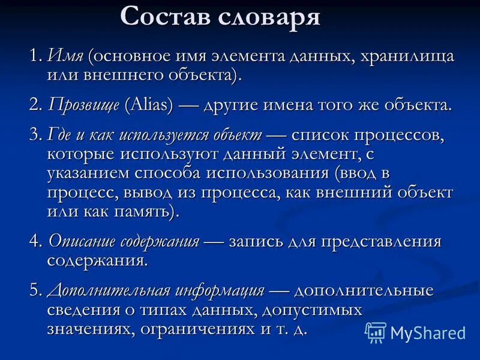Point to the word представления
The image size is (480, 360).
pos(380,241)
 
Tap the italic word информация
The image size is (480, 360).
pos(220,290)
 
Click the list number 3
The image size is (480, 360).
pos(34,136)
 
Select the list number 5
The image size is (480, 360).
pos(34,290)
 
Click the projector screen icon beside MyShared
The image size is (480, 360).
pos(376,332)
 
